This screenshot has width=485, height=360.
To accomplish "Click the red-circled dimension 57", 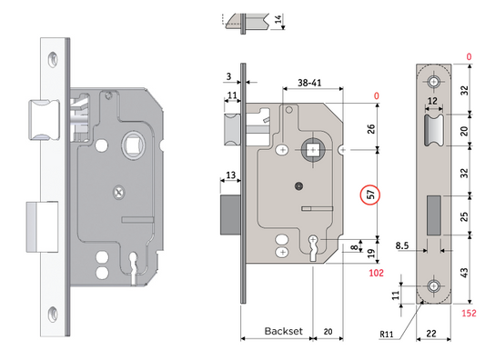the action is [x=370, y=195].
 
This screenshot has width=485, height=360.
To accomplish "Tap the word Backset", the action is [x=284, y=331].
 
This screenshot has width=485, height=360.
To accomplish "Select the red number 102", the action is [x=376, y=273].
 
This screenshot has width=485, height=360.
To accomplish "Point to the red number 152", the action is [x=469, y=313].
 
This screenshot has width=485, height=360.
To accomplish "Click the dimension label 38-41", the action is [x=309, y=83].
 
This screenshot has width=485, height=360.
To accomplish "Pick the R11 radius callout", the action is [x=387, y=334].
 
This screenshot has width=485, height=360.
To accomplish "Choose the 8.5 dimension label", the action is [x=402, y=246].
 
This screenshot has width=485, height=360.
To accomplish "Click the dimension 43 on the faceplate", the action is [x=464, y=273].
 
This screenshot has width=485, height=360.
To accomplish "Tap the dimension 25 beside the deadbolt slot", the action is [x=464, y=216].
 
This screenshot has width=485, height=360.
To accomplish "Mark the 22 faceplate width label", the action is [x=431, y=334].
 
